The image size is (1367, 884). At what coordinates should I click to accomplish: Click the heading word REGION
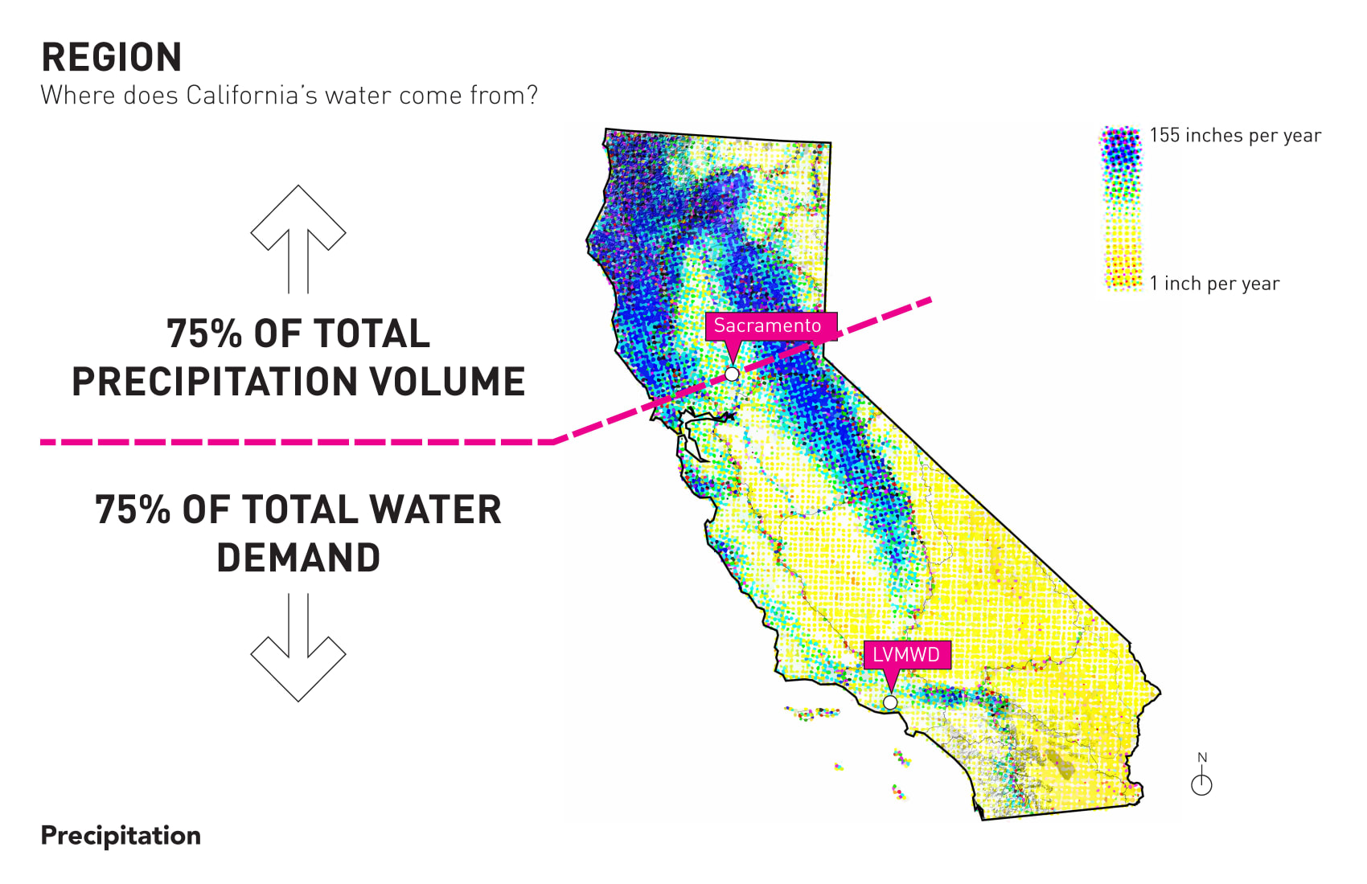point(112,58)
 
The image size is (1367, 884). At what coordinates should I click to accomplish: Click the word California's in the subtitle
point(252,95)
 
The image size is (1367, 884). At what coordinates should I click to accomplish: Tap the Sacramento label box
point(771,325)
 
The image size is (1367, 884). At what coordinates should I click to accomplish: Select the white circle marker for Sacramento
point(732,374)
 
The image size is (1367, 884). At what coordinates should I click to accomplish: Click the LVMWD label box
point(907,655)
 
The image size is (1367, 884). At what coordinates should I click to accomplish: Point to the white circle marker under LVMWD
point(890,702)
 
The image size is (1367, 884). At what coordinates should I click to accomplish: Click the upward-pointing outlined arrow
point(298,239)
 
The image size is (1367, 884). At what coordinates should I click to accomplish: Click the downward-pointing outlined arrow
point(298,648)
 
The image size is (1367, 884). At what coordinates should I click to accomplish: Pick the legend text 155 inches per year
point(1235,136)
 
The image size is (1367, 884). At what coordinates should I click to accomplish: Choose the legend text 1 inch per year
point(1214,284)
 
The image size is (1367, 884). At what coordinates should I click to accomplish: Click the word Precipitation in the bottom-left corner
point(121,836)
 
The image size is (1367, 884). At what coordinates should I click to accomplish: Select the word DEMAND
point(298,558)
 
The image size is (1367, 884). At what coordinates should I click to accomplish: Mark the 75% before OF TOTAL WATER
point(133,510)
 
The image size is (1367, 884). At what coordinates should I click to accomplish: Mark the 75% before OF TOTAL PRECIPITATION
point(203,334)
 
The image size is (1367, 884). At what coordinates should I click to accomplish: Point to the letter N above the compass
point(1202,757)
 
